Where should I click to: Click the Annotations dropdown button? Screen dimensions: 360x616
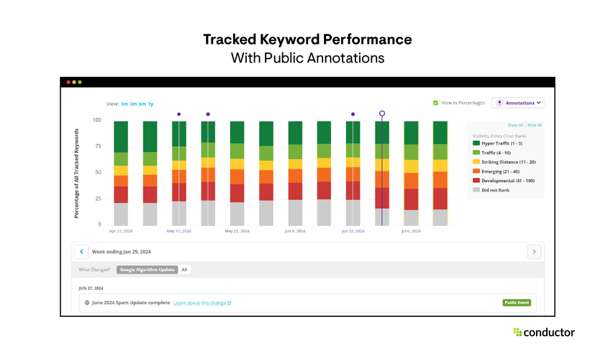point(517,103)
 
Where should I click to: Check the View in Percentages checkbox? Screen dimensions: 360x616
point(436,103)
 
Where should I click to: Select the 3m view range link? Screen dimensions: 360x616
point(134,104)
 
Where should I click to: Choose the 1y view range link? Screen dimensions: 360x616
point(150,104)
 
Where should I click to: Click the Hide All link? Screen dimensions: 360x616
point(535,125)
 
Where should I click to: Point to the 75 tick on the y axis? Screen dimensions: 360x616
point(97,146)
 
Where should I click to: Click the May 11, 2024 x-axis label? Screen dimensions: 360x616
point(179,232)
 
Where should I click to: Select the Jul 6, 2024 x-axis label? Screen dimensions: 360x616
point(411,232)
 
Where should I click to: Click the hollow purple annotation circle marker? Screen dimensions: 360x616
point(382,114)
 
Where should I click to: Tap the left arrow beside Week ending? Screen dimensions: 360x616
point(81,252)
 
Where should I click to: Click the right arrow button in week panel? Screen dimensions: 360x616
point(534,252)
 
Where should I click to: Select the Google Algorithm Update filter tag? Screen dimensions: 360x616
point(147,270)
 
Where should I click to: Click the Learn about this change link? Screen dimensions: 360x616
point(201,303)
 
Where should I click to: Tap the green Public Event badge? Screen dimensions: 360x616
point(517,303)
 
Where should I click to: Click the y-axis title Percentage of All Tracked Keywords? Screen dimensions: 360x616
point(76,173)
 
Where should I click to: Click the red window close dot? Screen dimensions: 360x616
point(68,82)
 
